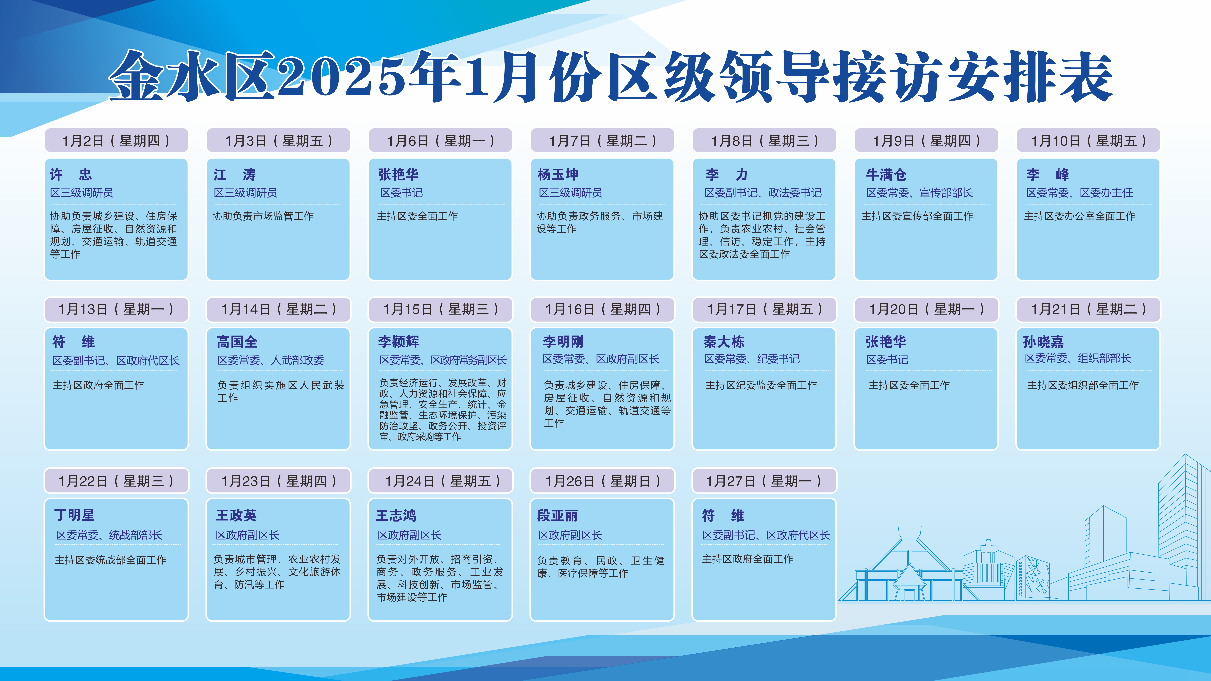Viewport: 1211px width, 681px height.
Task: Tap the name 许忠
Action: tap(71, 175)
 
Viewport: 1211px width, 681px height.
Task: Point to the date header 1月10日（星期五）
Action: tap(1088, 141)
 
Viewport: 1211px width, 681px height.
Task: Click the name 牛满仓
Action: tap(886, 175)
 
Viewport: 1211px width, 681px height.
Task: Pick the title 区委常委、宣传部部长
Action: tap(920, 193)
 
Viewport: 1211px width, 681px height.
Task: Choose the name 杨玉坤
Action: tap(558, 175)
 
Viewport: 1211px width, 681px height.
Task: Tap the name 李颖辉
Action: tap(399, 342)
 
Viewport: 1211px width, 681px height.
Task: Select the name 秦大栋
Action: tap(724, 342)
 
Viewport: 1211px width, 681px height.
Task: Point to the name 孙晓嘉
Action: tap(1043, 342)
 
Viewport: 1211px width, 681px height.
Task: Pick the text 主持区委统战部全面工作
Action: tap(110, 560)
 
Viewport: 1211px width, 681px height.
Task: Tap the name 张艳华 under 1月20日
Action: tap(886, 342)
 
